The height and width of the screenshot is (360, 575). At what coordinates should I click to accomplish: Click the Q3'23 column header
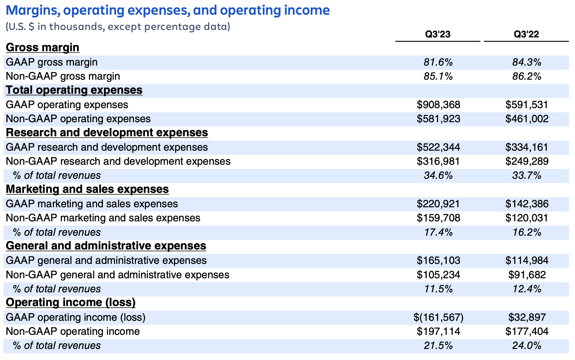pyautogui.click(x=438, y=34)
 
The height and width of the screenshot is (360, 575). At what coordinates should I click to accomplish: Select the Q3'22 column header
pyautogui.click(x=526, y=34)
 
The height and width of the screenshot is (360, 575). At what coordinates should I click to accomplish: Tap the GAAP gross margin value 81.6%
pyautogui.click(x=438, y=62)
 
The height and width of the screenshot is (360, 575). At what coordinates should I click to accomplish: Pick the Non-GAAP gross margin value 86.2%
pyautogui.click(x=526, y=76)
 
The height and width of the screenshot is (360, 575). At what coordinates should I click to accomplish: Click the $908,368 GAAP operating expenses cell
pyautogui.click(x=438, y=105)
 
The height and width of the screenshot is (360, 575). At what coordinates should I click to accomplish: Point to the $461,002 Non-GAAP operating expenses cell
pyautogui.click(x=527, y=119)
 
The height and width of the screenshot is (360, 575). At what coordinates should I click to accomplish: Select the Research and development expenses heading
pyautogui.click(x=107, y=133)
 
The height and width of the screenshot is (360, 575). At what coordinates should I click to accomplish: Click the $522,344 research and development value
pyautogui.click(x=438, y=147)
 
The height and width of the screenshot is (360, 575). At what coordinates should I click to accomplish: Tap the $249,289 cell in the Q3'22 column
pyautogui.click(x=527, y=161)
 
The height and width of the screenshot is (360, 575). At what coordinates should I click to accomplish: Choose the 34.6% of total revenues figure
pyautogui.click(x=438, y=176)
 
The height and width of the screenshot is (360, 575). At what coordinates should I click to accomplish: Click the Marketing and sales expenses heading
pyautogui.click(x=87, y=189)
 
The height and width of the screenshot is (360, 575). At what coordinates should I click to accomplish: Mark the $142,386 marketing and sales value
pyautogui.click(x=527, y=204)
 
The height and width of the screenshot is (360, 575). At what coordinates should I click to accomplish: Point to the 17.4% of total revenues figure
pyautogui.click(x=438, y=232)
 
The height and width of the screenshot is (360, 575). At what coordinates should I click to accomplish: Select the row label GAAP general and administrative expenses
pyautogui.click(x=106, y=261)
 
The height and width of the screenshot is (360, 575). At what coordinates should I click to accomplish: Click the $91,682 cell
pyautogui.click(x=527, y=275)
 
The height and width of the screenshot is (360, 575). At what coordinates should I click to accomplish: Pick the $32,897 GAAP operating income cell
pyautogui.click(x=527, y=317)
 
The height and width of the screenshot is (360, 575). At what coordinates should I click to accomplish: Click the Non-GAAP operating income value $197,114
pyautogui.click(x=438, y=332)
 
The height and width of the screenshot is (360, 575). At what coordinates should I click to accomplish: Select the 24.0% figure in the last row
pyautogui.click(x=526, y=346)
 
